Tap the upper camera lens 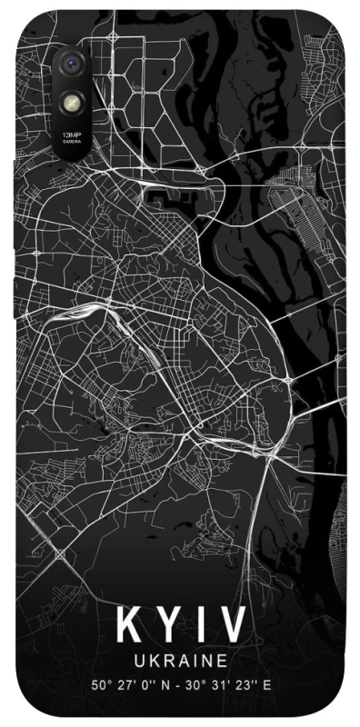71,64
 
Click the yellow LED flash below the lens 71,103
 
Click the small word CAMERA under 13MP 71,143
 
